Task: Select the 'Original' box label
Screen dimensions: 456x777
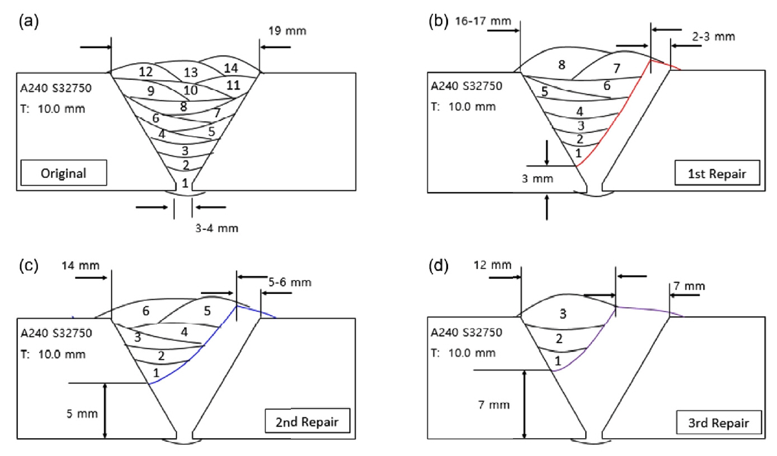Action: tap(63, 172)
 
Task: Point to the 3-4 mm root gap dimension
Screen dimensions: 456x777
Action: tap(209, 226)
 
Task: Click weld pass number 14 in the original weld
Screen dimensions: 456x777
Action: tap(230, 68)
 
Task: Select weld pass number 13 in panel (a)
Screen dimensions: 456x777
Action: tap(191, 73)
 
